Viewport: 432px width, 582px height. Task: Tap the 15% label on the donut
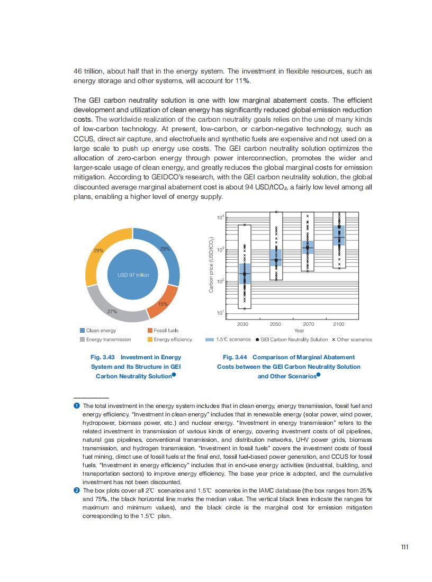pos(163,304)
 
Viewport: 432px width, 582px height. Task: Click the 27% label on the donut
pos(112,312)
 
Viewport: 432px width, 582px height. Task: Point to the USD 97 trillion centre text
pos(133,275)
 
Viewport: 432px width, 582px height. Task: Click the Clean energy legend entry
pos(97,331)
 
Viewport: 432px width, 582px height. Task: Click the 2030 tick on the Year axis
pos(244,323)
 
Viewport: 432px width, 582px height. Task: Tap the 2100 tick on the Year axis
pos(339,323)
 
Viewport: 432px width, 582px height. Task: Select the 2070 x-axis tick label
pos(308,323)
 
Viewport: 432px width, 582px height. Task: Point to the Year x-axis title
pos(299,331)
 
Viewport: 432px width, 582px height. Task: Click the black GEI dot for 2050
pos(276,260)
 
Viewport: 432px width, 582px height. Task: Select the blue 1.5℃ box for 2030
pos(244,274)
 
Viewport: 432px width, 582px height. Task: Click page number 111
pos(404,547)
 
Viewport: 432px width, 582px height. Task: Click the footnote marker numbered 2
pos(76,490)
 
